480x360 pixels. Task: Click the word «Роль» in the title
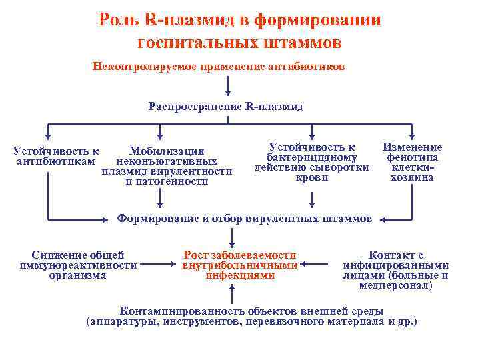coord(119,20)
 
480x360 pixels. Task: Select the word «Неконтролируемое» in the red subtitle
coord(138,67)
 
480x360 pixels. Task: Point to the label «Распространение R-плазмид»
coord(227,107)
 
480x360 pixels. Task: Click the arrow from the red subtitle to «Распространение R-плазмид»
coord(229,85)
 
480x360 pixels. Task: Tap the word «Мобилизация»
coord(167,151)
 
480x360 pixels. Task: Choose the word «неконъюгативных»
coord(167,161)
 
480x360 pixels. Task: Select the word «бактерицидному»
coord(311,157)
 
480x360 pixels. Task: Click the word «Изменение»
coord(411,147)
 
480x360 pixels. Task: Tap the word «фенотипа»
coord(412,157)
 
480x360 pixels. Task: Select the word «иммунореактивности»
coord(79,265)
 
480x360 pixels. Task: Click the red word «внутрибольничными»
coord(239,265)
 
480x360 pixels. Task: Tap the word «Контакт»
coord(387,255)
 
